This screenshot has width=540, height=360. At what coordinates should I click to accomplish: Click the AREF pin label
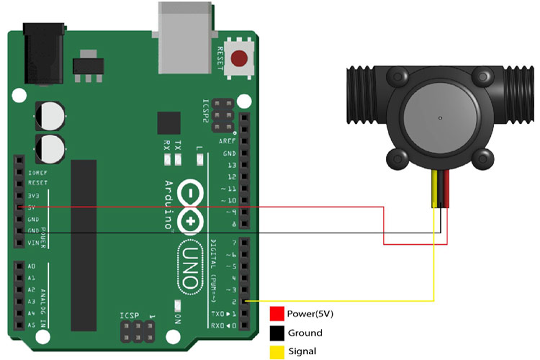[229, 142]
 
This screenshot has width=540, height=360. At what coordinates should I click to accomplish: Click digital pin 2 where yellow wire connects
[245, 301]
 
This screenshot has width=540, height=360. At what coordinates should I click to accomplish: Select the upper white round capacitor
[50, 114]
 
